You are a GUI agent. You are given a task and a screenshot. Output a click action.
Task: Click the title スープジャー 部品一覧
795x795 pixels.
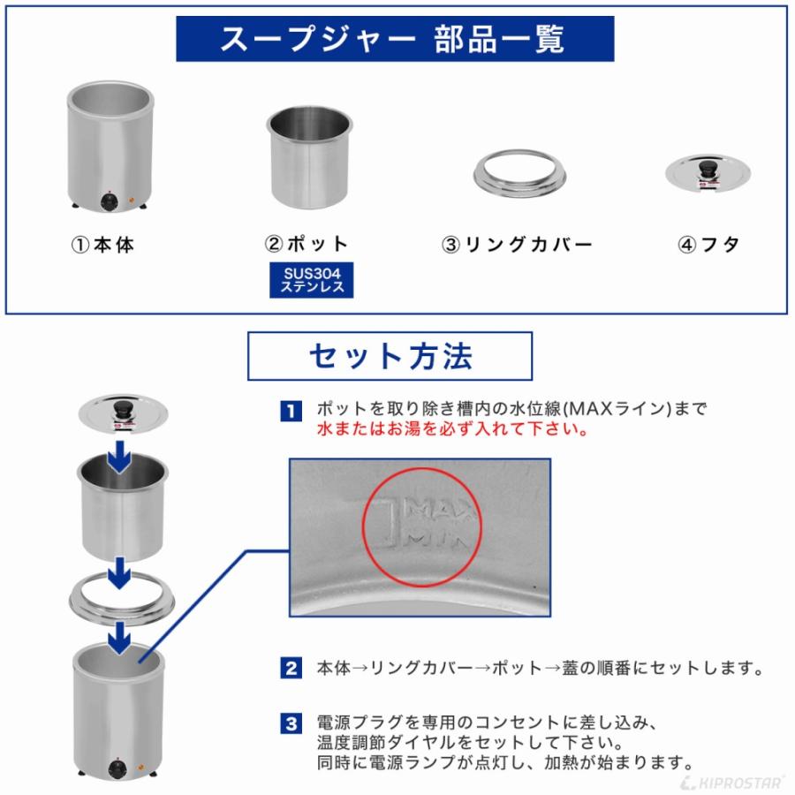coord(394,39)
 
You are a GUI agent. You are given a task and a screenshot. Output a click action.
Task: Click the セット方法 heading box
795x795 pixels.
coord(390,355)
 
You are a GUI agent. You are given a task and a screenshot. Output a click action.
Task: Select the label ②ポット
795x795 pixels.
coord(307,245)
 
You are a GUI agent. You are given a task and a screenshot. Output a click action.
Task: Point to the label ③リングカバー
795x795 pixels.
coord(517,245)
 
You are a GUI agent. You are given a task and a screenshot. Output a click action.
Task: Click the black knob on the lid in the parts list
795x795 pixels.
coord(708,167)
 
